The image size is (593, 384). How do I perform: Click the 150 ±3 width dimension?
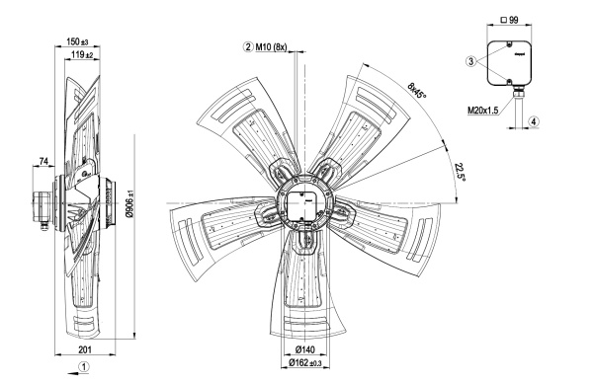click(x=77, y=41)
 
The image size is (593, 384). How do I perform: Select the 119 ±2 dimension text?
click(x=82, y=54)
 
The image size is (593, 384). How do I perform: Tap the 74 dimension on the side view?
click(x=43, y=162)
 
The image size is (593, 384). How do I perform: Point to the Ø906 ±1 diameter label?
click(x=129, y=204)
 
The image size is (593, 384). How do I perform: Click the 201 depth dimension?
click(x=85, y=349)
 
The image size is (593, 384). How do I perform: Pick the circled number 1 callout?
click(x=84, y=366)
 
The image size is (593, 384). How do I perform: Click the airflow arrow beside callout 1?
click(x=78, y=373)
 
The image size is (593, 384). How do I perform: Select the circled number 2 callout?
click(x=248, y=47)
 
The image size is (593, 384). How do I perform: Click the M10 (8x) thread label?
click(x=271, y=47)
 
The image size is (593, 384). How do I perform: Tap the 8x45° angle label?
click(x=417, y=90)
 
